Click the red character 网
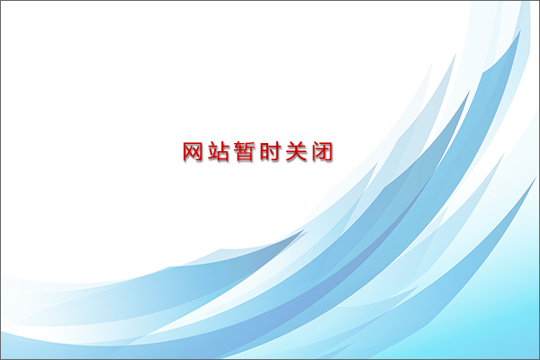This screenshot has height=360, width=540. (193, 151)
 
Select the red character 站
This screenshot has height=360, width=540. (219, 151)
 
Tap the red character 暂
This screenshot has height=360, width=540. (245, 151)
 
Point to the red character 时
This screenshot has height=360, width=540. (270, 151)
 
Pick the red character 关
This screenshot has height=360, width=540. (296, 151)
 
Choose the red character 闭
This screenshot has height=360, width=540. (323, 151)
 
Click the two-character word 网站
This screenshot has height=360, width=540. (205, 151)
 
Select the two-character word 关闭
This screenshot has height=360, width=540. (310, 151)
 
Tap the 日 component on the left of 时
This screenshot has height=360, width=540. (265, 151)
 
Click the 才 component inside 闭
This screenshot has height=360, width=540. (323, 153)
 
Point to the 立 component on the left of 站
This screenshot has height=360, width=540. (213, 151)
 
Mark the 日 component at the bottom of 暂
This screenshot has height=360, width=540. (245, 157)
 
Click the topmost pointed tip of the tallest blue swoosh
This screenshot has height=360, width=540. (521, 30)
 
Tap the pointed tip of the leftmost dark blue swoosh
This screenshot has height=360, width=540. (304, 229)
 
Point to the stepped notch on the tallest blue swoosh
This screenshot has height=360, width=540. (482, 73)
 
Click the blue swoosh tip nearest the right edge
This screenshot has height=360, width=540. (536, 178)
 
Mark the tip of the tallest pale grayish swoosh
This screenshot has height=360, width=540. (455, 54)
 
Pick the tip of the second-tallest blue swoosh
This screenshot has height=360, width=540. (470, 91)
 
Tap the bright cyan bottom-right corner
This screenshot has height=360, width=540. (538, 358)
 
